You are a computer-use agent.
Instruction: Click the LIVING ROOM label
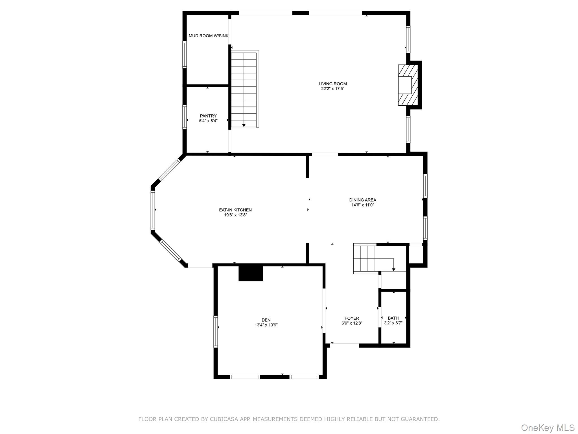click(332, 84)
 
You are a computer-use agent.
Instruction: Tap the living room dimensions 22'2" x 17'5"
click(332, 89)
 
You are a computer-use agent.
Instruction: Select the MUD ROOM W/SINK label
click(208, 36)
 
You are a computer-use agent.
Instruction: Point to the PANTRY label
click(208, 116)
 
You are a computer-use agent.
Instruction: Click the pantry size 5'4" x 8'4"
click(208, 121)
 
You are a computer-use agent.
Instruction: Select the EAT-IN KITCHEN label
click(235, 210)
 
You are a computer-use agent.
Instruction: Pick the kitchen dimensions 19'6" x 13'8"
click(235, 215)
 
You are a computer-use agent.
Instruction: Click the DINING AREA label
click(362, 200)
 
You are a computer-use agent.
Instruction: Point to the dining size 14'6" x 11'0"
click(362, 205)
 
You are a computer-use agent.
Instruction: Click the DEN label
click(266, 320)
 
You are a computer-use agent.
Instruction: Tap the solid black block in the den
click(251, 273)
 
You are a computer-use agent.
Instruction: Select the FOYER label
click(352, 318)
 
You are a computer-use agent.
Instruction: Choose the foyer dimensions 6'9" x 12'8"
click(352, 323)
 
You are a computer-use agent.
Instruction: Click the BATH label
click(393, 318)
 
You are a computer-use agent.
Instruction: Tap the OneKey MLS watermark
click(548, 428)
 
